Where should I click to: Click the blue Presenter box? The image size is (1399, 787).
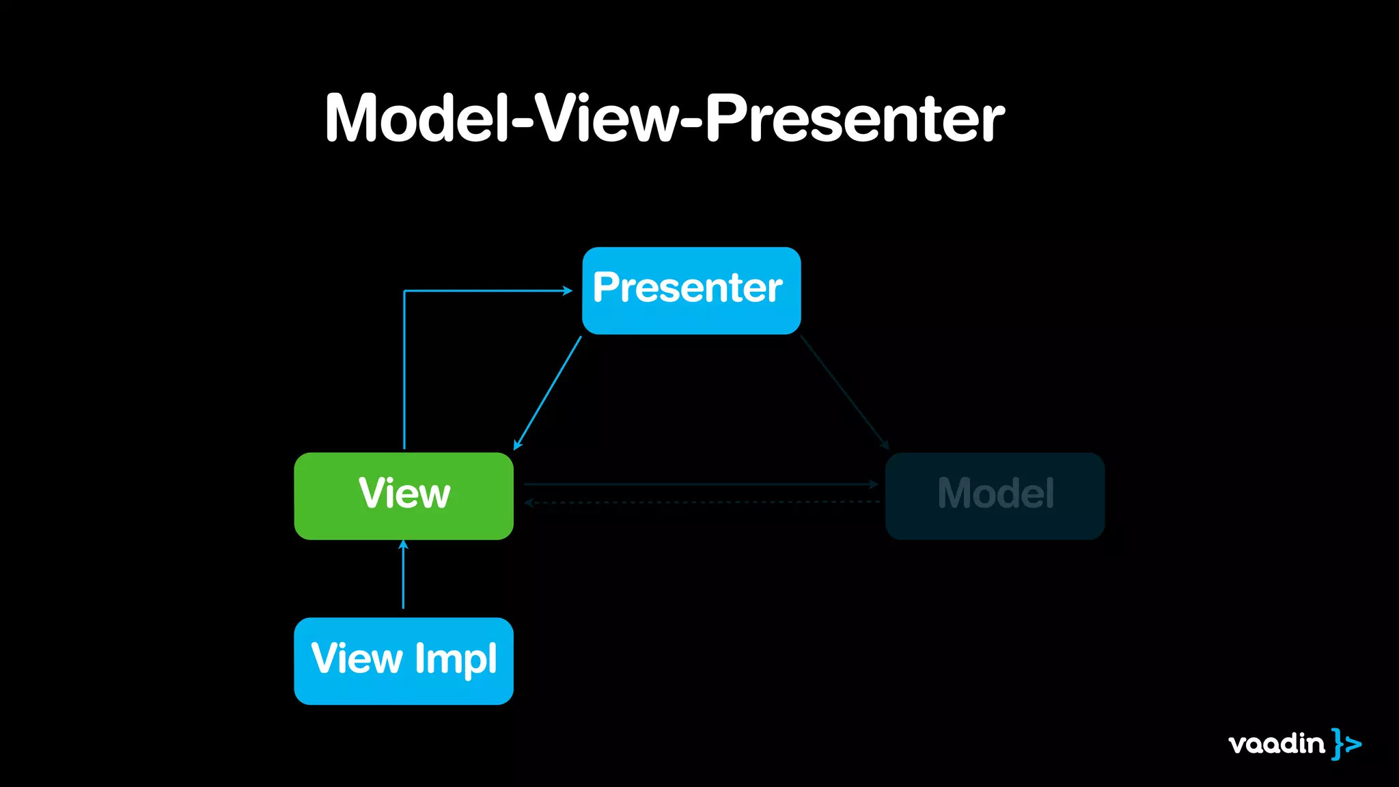pos(691,290)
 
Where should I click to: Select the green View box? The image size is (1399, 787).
pos(403,495)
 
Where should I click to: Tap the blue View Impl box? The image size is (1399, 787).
pos(403,661)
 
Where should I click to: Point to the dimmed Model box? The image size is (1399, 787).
pos(995,495)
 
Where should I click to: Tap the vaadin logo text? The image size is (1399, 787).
pos(1276,743)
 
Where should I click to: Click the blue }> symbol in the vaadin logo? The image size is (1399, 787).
pos(1346,743)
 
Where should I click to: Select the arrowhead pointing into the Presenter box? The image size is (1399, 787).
pos(568,291)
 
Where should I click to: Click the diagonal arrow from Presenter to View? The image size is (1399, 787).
pos(548,392)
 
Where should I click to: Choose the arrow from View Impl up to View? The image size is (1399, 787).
pos(403,577)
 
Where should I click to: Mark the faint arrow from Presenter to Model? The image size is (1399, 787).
pos(844,392)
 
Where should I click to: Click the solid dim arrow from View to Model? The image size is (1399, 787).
pos(700,484)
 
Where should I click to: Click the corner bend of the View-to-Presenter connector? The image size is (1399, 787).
pos(404,292)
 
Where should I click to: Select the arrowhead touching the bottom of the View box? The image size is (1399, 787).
pos(403,544)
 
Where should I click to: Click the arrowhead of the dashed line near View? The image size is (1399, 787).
pos(529,503)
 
